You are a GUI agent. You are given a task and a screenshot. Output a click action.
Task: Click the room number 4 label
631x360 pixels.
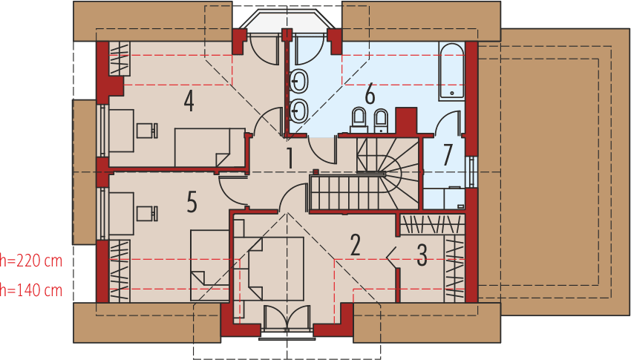click(x=189, y=101)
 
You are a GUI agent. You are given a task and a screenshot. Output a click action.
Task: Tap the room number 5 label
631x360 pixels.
click(x=192, y=202)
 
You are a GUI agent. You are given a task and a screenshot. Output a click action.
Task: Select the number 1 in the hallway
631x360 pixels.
click(x=290, y=158)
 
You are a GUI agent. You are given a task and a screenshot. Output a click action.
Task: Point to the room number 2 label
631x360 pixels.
click(x=356, y=245)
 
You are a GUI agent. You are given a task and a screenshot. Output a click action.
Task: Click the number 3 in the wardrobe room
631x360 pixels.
click(x=422, y=255)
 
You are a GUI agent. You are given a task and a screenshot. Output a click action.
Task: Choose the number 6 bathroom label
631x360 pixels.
click(x=369, y=94)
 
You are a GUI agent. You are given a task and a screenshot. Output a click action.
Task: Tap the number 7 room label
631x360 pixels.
click(x=448, y=155)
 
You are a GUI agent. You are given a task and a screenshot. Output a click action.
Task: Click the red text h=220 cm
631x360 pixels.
click(x=31, y=261)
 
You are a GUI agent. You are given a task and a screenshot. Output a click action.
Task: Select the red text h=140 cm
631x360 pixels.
click(x=31, y=290)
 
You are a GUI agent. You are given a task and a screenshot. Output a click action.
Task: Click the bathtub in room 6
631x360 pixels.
click(x=451, y=71)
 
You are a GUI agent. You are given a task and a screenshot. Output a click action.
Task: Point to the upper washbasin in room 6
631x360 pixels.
click(x=299, y=82)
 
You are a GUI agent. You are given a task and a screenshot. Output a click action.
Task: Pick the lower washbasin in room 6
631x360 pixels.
click(x=299, y=111)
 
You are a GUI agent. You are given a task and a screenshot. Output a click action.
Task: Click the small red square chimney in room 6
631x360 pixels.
click(x=406, y=120)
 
